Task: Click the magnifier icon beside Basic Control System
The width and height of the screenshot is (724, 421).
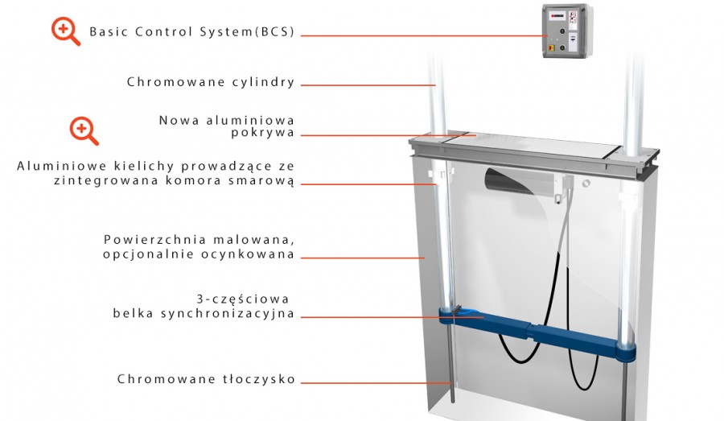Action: coord(66,31)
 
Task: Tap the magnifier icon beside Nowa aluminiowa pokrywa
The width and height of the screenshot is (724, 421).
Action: coord(84,130)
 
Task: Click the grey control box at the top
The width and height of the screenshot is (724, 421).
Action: coord(566,31)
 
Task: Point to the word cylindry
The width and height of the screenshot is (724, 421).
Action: coord(263,82)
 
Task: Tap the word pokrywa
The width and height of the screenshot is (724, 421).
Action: coord(263,133)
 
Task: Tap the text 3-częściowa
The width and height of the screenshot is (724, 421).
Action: coord(243,299)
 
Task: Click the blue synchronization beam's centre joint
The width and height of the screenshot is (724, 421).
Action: coord(533,332)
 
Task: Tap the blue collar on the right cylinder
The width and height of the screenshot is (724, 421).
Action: coord(625,352)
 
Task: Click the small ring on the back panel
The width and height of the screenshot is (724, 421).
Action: coord(586,184)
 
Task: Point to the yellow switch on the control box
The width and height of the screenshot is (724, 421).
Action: coord(550,47)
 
